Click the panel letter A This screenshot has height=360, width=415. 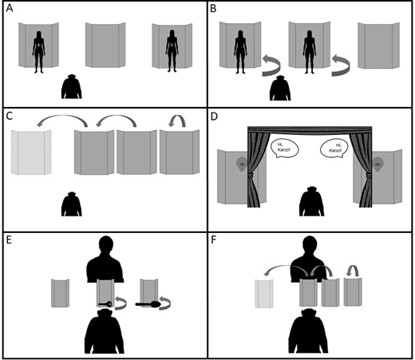click(8, 9)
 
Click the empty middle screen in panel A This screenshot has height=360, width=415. click(106, 49)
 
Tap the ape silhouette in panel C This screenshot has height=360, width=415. click(73, 204)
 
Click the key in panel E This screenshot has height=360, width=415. click(105, 304)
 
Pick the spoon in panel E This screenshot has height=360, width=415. click(151, 304)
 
